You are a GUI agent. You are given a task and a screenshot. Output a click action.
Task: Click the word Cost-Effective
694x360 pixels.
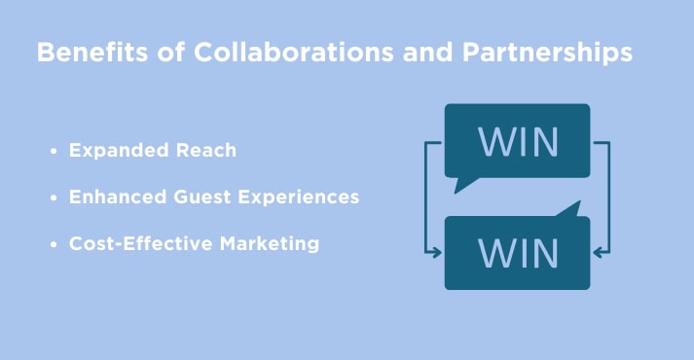[x=134, y=244]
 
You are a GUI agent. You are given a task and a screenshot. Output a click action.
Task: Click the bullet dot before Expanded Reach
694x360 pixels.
[x=53, y=153]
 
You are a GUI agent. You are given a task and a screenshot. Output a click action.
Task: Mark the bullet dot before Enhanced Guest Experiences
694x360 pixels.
[x=53, y=198]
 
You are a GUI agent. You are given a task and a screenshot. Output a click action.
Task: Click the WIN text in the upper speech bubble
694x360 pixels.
[x=517, y=141]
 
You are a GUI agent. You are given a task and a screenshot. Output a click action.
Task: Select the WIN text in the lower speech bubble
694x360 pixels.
[x=517, y=253]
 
